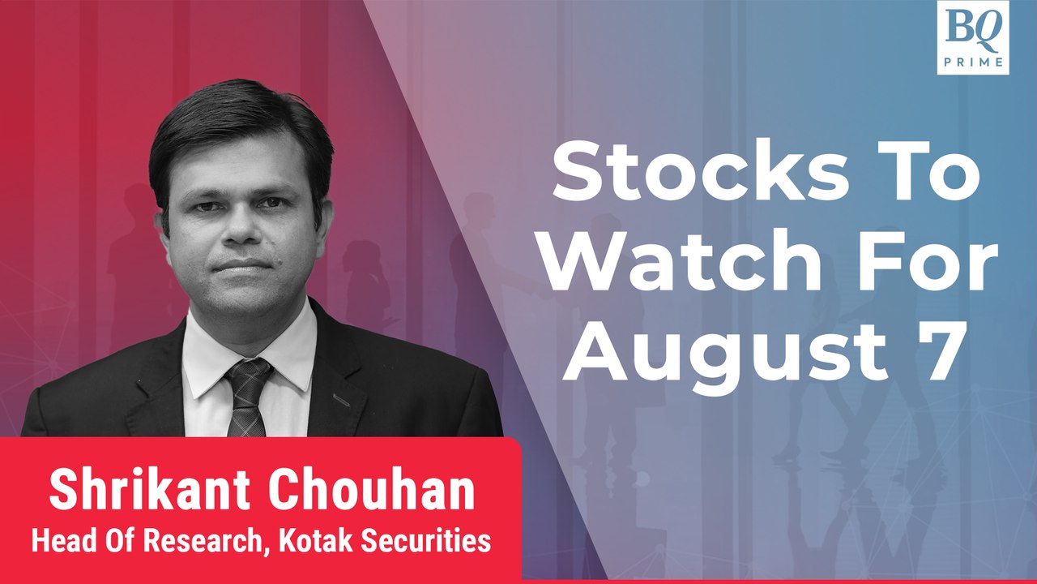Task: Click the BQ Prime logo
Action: point(972,37)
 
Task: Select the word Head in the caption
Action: point(58,541)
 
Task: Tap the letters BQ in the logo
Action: point(972,29)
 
